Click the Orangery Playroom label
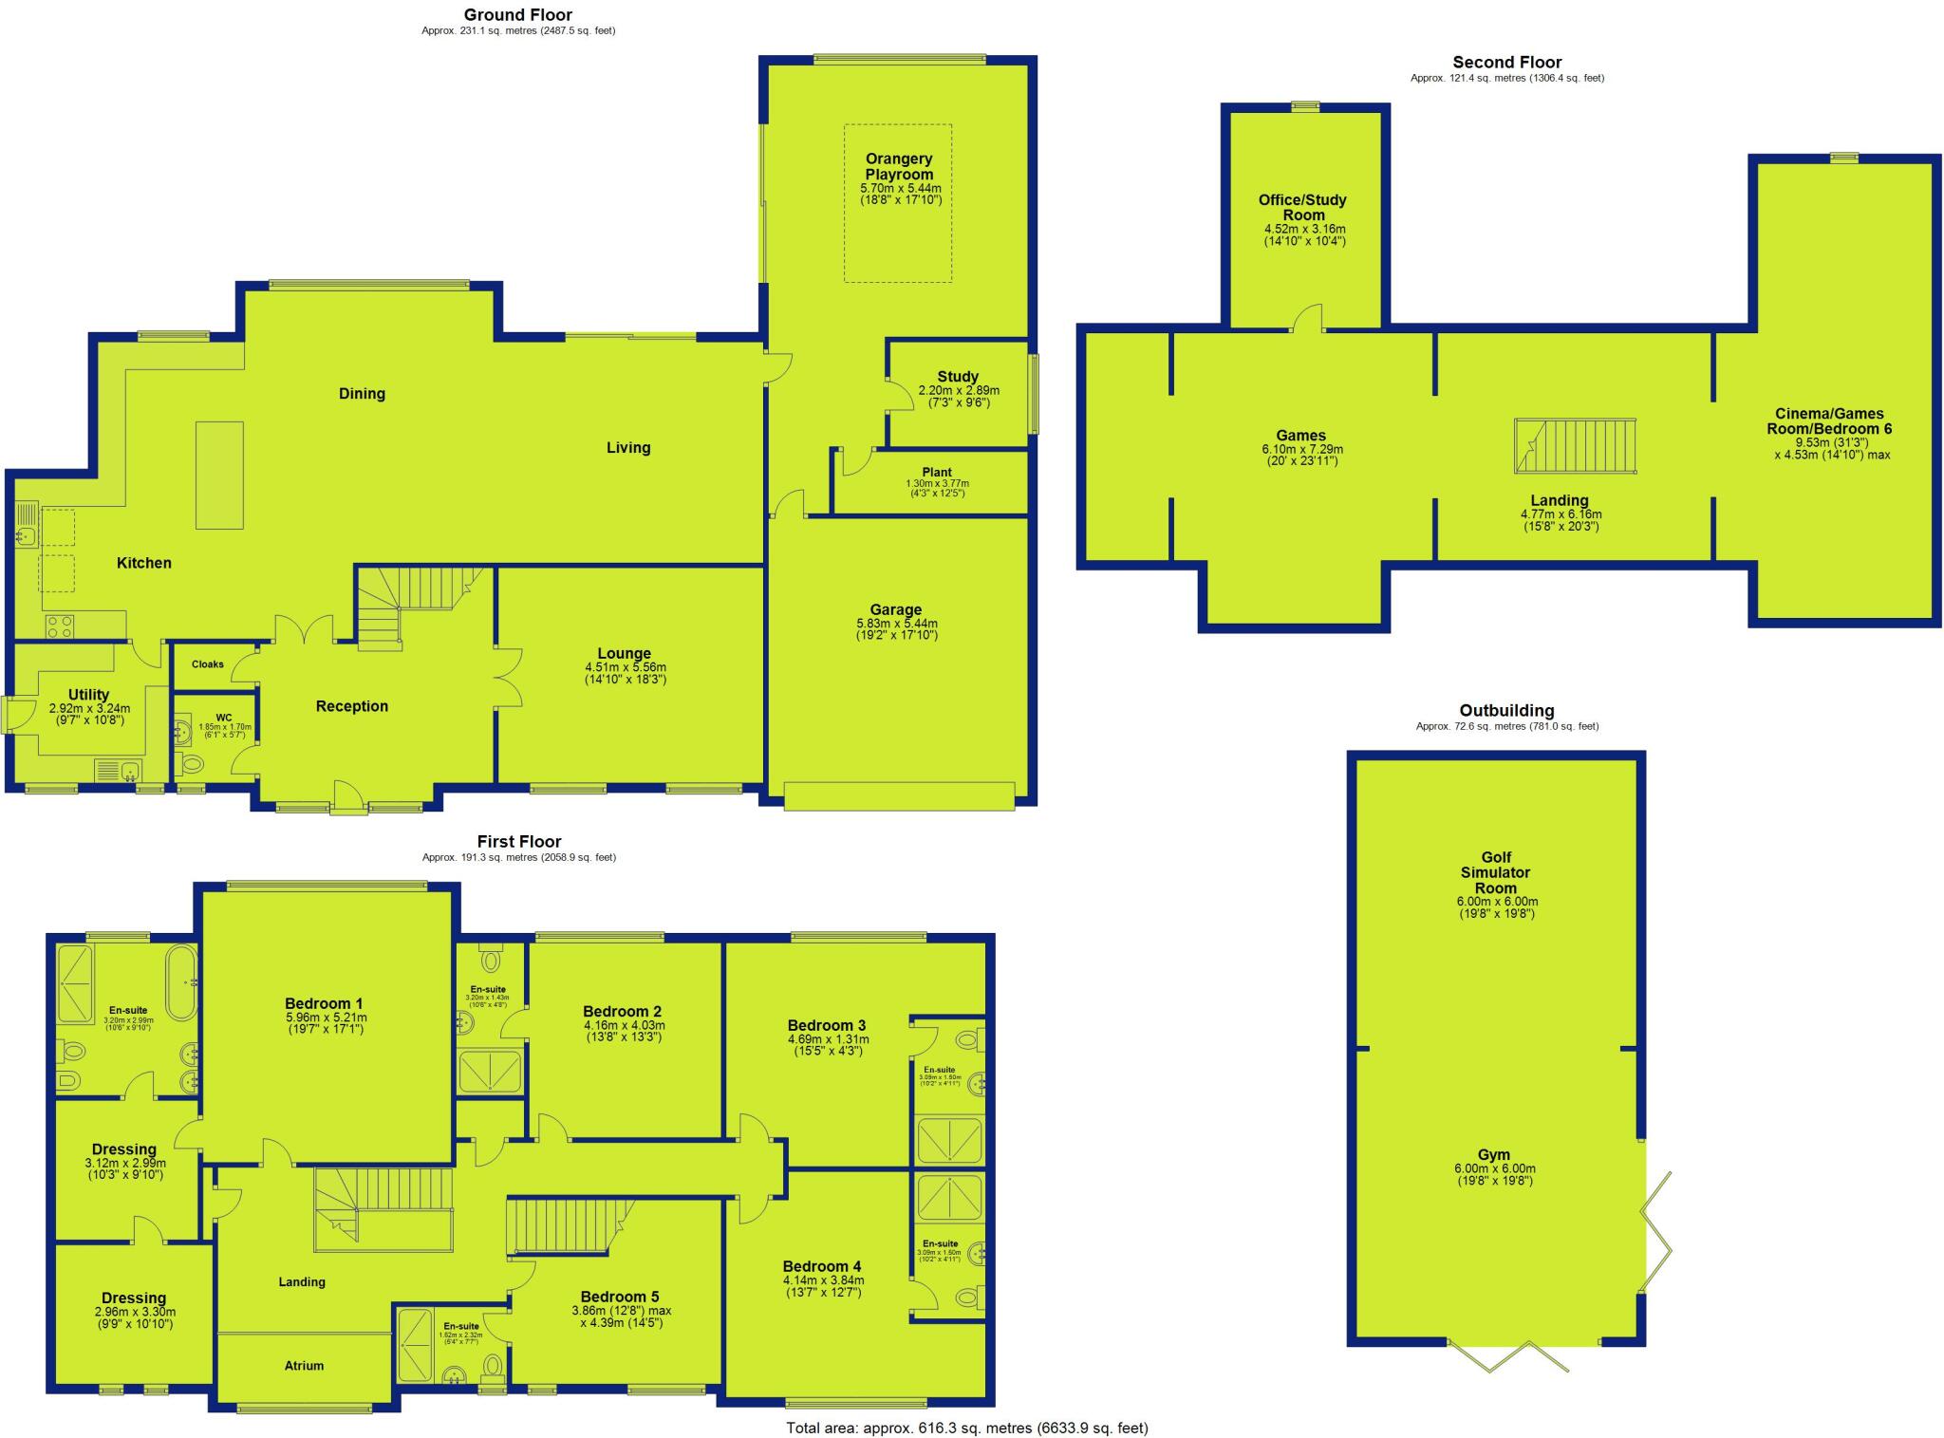tap(898, 167)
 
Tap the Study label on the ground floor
tap(958, 377)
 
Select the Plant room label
tap(937, 473)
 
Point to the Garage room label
tap(896, 610)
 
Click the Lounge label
tap(625, 654)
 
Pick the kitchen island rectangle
tap(219, 475)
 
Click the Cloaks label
tap(208, 664)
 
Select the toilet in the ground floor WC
tap(191, 763)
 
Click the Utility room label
tap(88, 695)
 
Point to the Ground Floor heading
tap(518, 15)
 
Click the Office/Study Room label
tap(1303, 207)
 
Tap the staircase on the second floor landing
tap(1576, 445)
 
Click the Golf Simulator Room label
tap(1496, 872)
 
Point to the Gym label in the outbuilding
tap(1495, 1155)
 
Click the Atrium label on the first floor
tap(304, 1366)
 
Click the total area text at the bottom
tap(966, 1428)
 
